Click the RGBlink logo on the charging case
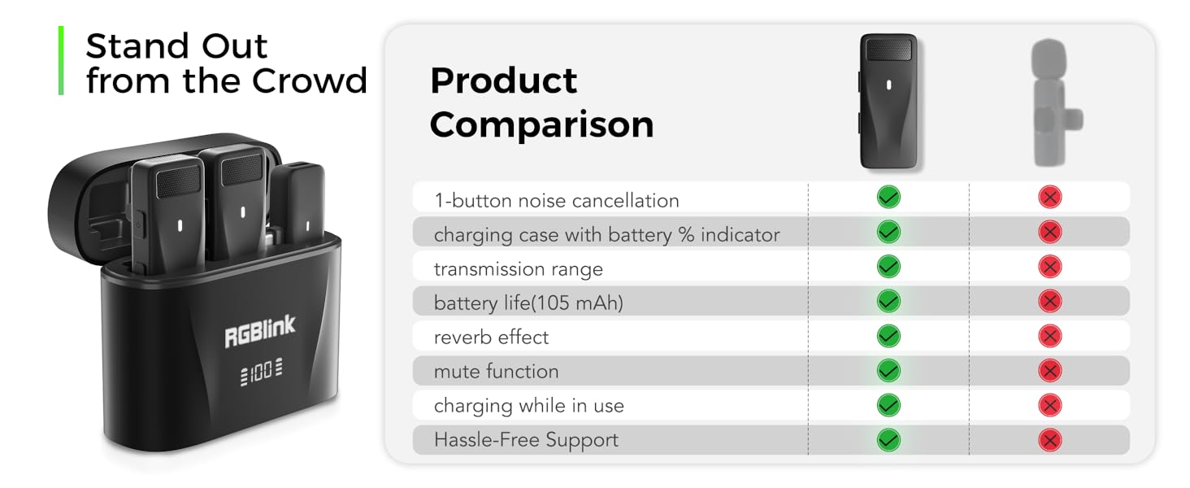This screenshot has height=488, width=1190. (x=260, y=331)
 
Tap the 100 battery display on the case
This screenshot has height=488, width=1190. (x=261, y=374)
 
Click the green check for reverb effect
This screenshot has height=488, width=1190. (x=888, y=336)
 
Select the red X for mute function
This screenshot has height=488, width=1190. (x=1050, y=371)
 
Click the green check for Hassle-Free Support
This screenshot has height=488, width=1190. (x=888, y=440)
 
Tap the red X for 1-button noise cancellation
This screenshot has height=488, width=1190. (x=1050, y=197)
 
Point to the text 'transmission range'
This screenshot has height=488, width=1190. (x=518, y=268)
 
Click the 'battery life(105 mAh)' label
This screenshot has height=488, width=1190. (x=528, y=303)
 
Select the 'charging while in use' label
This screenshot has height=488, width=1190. (x=528, y=405)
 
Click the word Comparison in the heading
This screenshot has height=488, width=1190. (x=541, y=124)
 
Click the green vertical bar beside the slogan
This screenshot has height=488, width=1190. (x=61, y=61)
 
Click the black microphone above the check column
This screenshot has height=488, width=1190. (x=889, y=101)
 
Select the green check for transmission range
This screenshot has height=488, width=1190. (x=888, y=267)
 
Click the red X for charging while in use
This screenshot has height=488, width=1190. (x=1050, y=405)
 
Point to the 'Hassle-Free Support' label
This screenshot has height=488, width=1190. (x=526, y=440)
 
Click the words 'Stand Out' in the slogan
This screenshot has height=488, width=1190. (x=176, y=46)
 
